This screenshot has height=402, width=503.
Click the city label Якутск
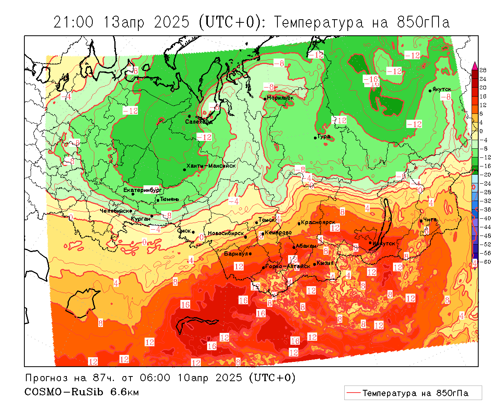pos(442,90)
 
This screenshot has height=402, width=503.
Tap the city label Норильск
pos(280,98)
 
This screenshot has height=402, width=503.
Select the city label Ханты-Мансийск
pos(211,166)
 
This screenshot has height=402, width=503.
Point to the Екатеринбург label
pos(142,190)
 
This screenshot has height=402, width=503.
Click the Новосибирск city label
pos(226,233)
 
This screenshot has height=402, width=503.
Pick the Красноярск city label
pos(318,223)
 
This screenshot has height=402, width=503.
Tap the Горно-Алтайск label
pos(288,266)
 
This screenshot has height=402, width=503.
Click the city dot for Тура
pos(315,138)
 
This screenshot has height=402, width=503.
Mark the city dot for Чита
pos(421,221)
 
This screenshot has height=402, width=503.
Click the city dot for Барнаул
pos(250,254)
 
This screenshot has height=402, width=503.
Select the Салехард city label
pos(199,122)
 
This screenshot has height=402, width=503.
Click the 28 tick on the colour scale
pos(483,70)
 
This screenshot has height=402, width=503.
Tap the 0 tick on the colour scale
pos(481,131)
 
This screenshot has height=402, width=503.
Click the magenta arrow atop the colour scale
pos(475,66)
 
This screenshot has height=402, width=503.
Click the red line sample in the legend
pos(353,393)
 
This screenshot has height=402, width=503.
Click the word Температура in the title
pos(318,22)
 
